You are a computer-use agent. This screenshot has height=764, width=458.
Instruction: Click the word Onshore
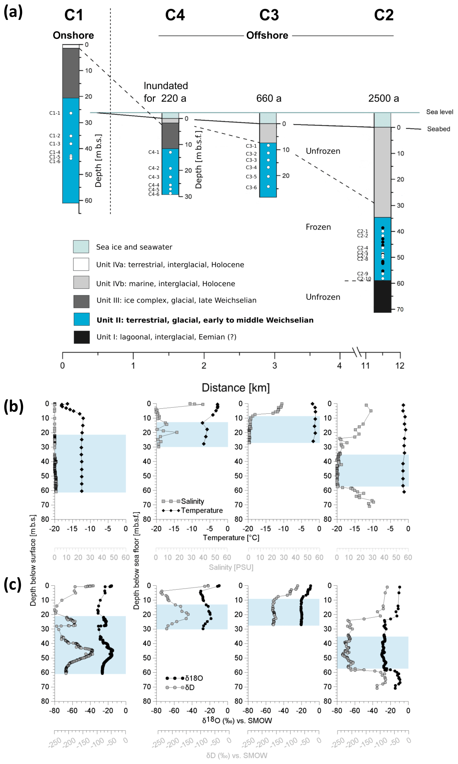[73, 35]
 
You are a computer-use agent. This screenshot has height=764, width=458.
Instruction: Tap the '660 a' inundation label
[269, 98]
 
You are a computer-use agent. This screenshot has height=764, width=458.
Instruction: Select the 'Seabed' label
[438, 129]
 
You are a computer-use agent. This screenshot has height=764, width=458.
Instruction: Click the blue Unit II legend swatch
[81, 319]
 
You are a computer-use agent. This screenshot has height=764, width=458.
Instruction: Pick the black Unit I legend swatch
[81, 337]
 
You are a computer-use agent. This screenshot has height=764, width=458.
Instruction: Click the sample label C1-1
[55, 113]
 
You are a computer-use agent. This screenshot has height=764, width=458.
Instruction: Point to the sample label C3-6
[251, 187]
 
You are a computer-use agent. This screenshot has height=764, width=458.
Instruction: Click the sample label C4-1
[154, 152]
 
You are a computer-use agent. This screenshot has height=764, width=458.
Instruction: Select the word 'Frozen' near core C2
[318, 227]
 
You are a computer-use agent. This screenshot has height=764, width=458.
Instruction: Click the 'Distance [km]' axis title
[236, 387]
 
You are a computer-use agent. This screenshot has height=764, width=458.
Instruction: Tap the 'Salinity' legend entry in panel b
[192, 501]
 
